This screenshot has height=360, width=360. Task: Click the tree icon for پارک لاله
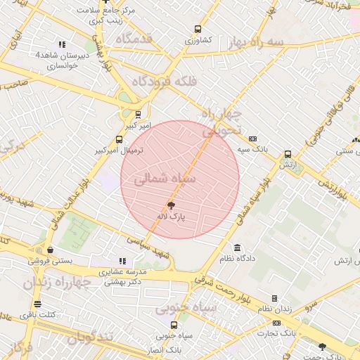click(171, 206)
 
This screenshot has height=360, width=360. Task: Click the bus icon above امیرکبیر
click(138, 114)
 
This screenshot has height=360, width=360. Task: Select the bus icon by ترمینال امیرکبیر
click(119, 140)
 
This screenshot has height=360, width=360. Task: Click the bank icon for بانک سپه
click(253, 139)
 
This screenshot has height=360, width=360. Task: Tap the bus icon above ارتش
click(287, 155)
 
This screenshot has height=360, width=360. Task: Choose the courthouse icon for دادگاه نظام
click(237, 248)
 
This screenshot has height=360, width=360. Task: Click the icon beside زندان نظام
click(274, 299)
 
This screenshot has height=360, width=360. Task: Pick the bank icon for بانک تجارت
click(276, 323)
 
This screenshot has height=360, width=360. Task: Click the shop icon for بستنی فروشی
click(50, 250)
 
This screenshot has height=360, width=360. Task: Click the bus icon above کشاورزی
click(198, 30)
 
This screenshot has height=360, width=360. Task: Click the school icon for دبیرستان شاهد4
click(62, 44)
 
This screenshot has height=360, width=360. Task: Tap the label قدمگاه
click(134, 38)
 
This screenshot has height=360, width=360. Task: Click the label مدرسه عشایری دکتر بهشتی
click(124, 276)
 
